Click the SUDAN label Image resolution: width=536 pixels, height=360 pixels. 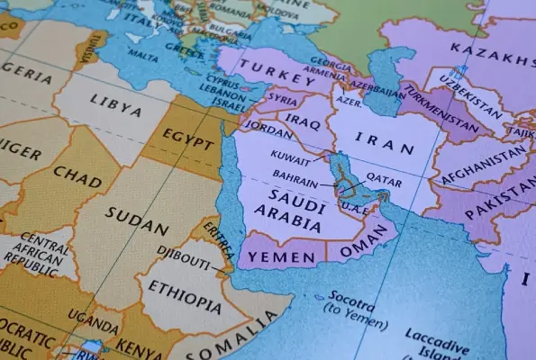coord(136,214)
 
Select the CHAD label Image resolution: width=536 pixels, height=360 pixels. coord(77,173)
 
